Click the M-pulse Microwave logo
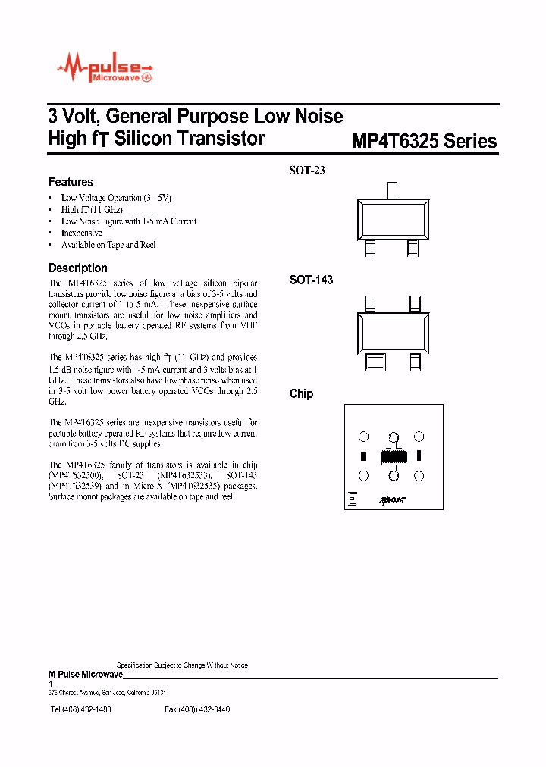coord(105,71)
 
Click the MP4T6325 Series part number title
coord(424,142)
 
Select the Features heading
coord(71,182)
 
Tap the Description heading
coord(77,268)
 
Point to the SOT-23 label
coord(307,171)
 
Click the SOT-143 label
coord(311,280)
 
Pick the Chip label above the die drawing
coord(301,393)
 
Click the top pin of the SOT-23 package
coord(391,191)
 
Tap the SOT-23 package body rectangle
coord(391,219)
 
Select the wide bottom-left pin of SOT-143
coord(377,362)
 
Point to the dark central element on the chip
coord(394,457)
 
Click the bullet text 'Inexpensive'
coord(82,233)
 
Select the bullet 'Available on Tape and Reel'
coord(108,245)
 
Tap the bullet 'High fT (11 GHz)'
coord(92,209)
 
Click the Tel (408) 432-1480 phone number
coord(80,709)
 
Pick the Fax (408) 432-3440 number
coord(197,709)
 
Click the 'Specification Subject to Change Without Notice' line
coord(182,665)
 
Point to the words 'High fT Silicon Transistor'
coord(156,139)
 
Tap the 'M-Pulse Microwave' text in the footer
coord(85,674)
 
